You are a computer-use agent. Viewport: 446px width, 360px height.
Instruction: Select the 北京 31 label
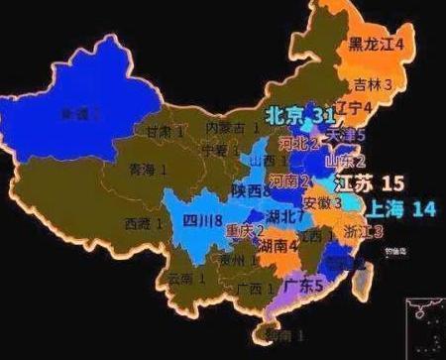coord(302,116)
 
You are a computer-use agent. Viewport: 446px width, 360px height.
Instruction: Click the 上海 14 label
coord(400,209)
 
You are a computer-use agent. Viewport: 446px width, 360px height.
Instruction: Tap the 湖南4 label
coord(279,248)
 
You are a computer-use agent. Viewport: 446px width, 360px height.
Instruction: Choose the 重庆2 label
coord(245,232)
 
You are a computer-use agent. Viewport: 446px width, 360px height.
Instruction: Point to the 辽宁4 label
coord(354,106)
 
